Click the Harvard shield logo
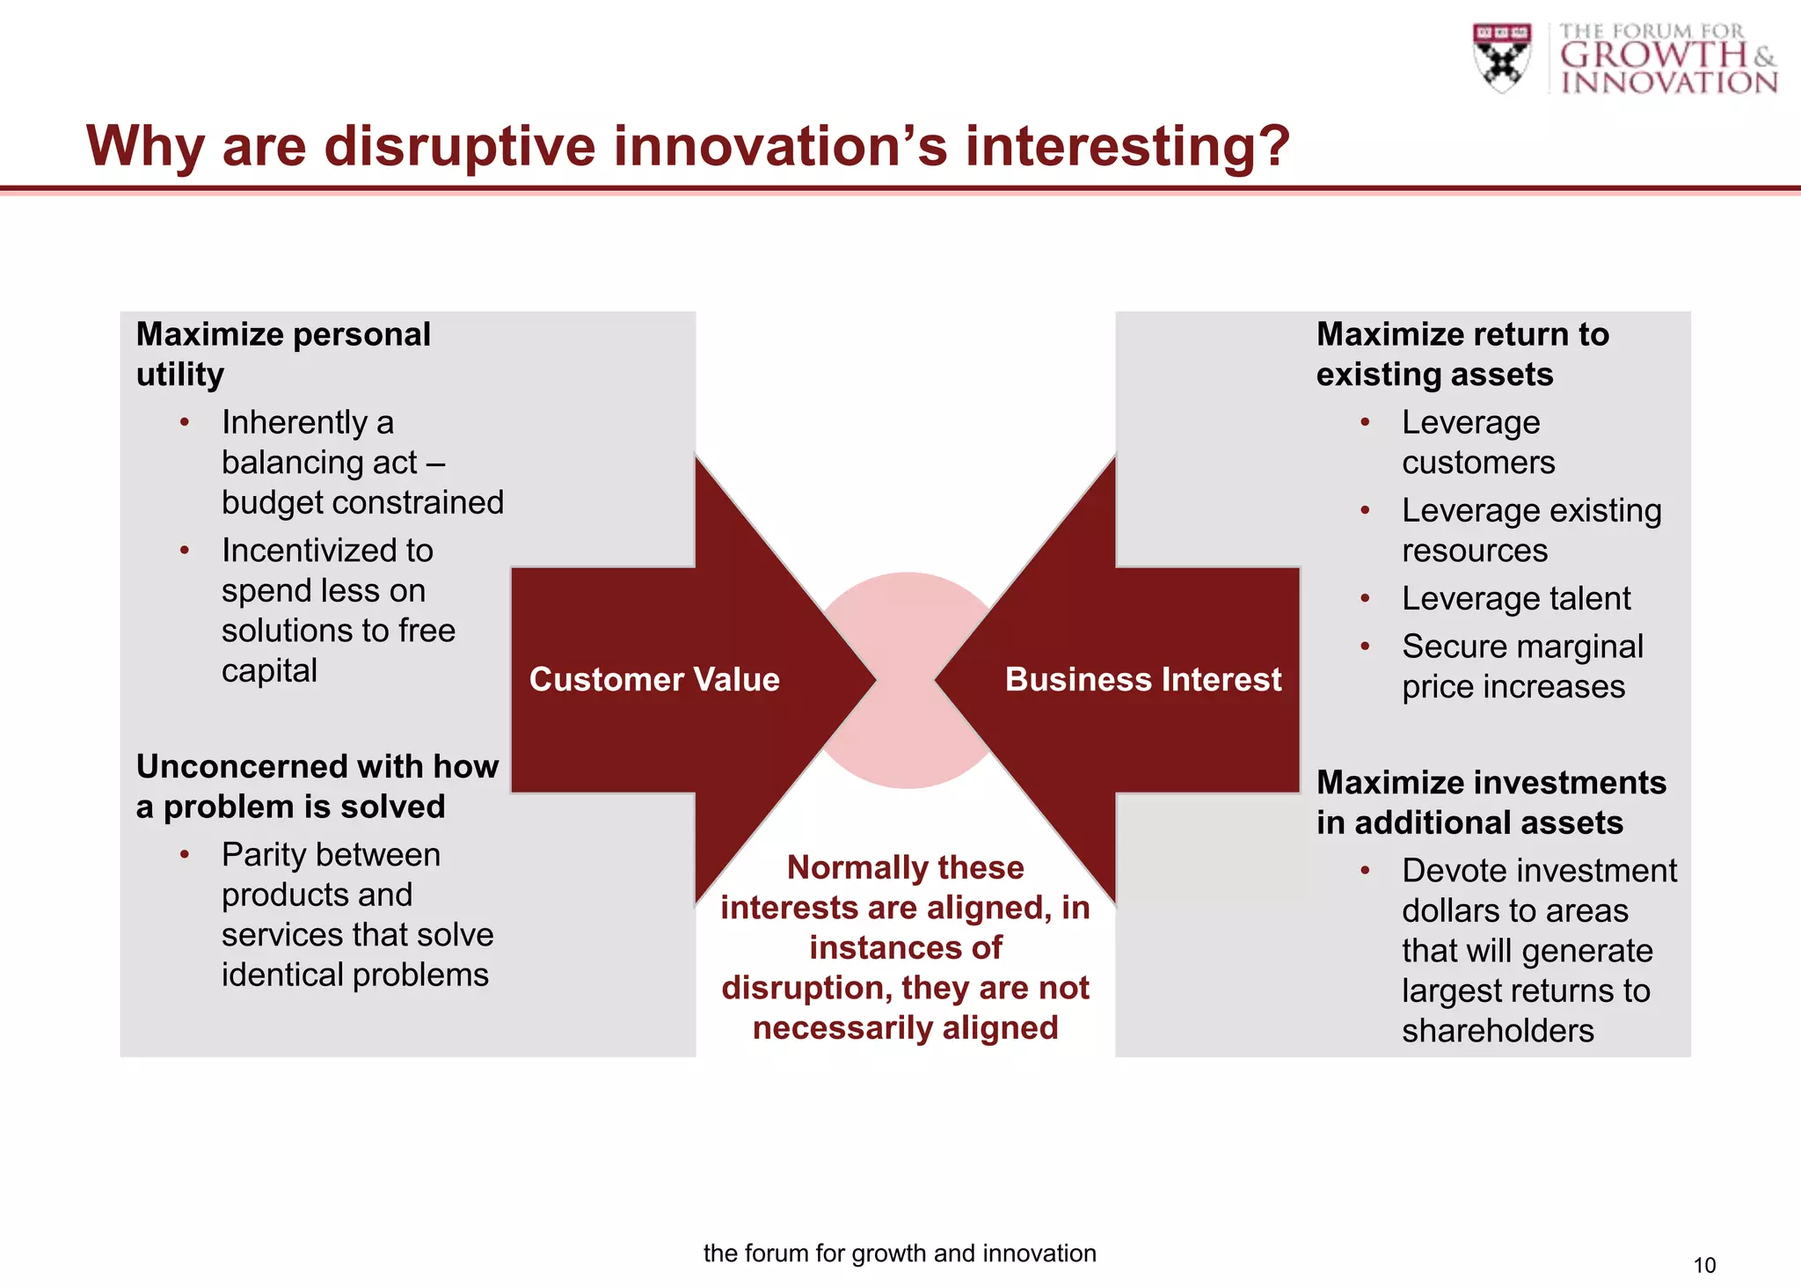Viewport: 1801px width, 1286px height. click(1502, 57)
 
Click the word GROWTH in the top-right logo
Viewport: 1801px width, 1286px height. click(1653, 55)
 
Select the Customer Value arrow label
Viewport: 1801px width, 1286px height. click(654, 679)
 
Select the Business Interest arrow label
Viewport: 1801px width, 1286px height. click(1142, 679)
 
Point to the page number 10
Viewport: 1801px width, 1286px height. click(1703, 1265)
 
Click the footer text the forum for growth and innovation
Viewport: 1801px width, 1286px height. click(900, 1253)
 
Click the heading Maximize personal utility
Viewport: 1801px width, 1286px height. click(283, 354)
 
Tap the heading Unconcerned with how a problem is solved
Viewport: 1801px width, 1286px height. click(317, 785)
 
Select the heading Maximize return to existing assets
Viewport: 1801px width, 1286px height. click(1462, 354)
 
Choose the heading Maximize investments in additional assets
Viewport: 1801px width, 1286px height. click(1491, 801)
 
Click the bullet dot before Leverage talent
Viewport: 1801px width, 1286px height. click(1365, 599)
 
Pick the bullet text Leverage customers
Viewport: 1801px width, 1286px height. click(1477, 442)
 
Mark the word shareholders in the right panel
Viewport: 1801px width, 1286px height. click(1497, 1030)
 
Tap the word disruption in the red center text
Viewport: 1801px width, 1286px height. click(804, 988)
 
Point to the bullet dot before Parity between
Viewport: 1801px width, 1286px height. click(185, 855)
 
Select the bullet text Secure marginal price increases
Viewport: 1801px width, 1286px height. click(1521, 666)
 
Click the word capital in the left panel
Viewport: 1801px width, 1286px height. click(269, 670)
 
